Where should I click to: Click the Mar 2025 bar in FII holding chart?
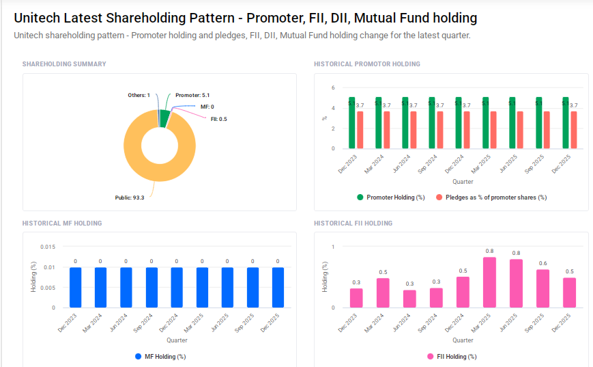click(489, 283)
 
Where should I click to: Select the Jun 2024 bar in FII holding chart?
click(409, 299)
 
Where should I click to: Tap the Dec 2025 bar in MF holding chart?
click(278, 287)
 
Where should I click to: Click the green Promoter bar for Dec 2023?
click(351, 123)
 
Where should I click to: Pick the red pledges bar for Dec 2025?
click(574, 130)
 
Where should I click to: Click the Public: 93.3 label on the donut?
click(130, 198)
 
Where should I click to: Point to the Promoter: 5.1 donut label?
click(192, 95)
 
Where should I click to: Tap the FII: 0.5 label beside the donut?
click(219, 119)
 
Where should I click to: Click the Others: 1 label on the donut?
click(139, 95)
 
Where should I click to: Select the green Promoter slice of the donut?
click(164, 118)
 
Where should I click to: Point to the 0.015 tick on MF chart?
click(48, 247)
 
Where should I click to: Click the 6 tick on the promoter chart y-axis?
click(332, 88)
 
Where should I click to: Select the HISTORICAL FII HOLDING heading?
click(353, 223)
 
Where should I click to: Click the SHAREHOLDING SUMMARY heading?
click(64, 64)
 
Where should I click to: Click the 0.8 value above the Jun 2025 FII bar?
click(516, 254)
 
